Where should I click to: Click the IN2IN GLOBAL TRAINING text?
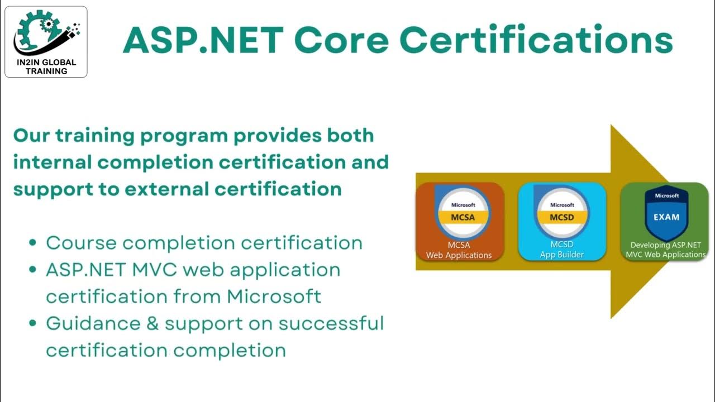pyautogui.click(x=46, y=67)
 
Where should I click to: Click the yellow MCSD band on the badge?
pyautogui.click(x=562, y=217)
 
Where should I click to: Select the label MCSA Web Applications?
pyautogui.click(x=459, y=250)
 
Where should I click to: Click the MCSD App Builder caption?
pyautogui.click(x=562, y=250)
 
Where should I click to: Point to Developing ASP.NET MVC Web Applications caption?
pyautogui.click(x=666, y=250)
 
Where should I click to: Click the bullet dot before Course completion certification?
pyautogui.click(x=33, y=243)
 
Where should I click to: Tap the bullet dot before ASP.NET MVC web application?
pyautogui.click(x=33, y=270)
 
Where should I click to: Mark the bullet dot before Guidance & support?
pyautogui.click(x=33, y=324)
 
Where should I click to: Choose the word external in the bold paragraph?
pyautogui.click(x=165, y=189)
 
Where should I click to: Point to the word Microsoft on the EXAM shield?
pyautogui.click(x=666, y=196)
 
